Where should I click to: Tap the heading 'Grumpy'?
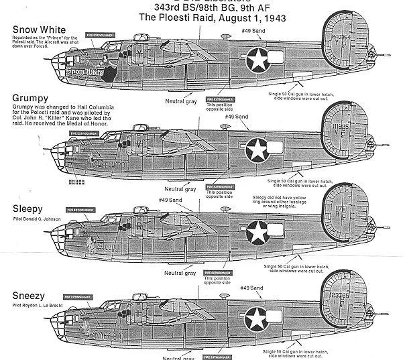coord(28,98)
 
